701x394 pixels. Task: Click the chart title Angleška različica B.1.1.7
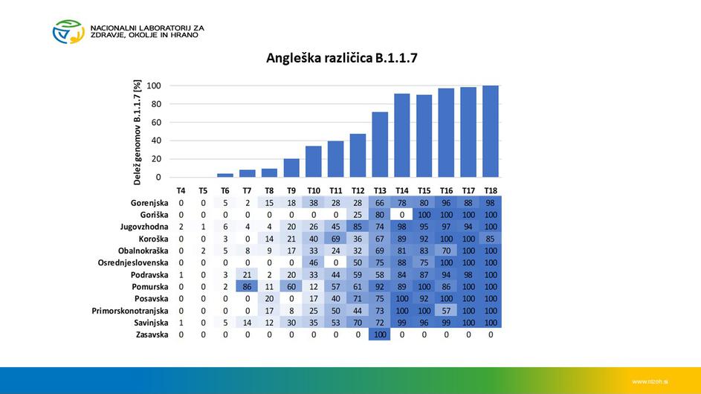(x=342, y=57)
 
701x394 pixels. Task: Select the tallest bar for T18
(x=491, y=132)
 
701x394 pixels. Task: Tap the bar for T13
(x=380, y=145)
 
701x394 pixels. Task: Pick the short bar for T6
(x=225, y=175)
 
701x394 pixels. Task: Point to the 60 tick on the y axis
(x=154, y=122)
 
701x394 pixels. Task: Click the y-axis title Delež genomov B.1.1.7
(x=138, y=132)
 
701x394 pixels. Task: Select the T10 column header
(x=313, y=191)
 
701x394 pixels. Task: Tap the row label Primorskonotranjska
(x=130, y=311)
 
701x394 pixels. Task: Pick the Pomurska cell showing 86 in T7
(x=248, y=286)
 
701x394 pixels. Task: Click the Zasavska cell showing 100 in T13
(x=380, y=335)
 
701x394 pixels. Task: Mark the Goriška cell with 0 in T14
(x=402, y=215)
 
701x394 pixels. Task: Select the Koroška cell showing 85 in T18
(x=491, y=239)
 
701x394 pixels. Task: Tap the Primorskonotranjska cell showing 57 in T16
(x=446, y=311)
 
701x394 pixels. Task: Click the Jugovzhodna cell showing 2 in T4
(x=181, y=227)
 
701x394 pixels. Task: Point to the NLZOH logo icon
(x=68, y=31)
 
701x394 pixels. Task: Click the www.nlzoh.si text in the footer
(x=650, y=381)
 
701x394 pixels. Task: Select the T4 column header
(x=181, y=191)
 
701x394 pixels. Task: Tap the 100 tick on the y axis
(x=154, y=85)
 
